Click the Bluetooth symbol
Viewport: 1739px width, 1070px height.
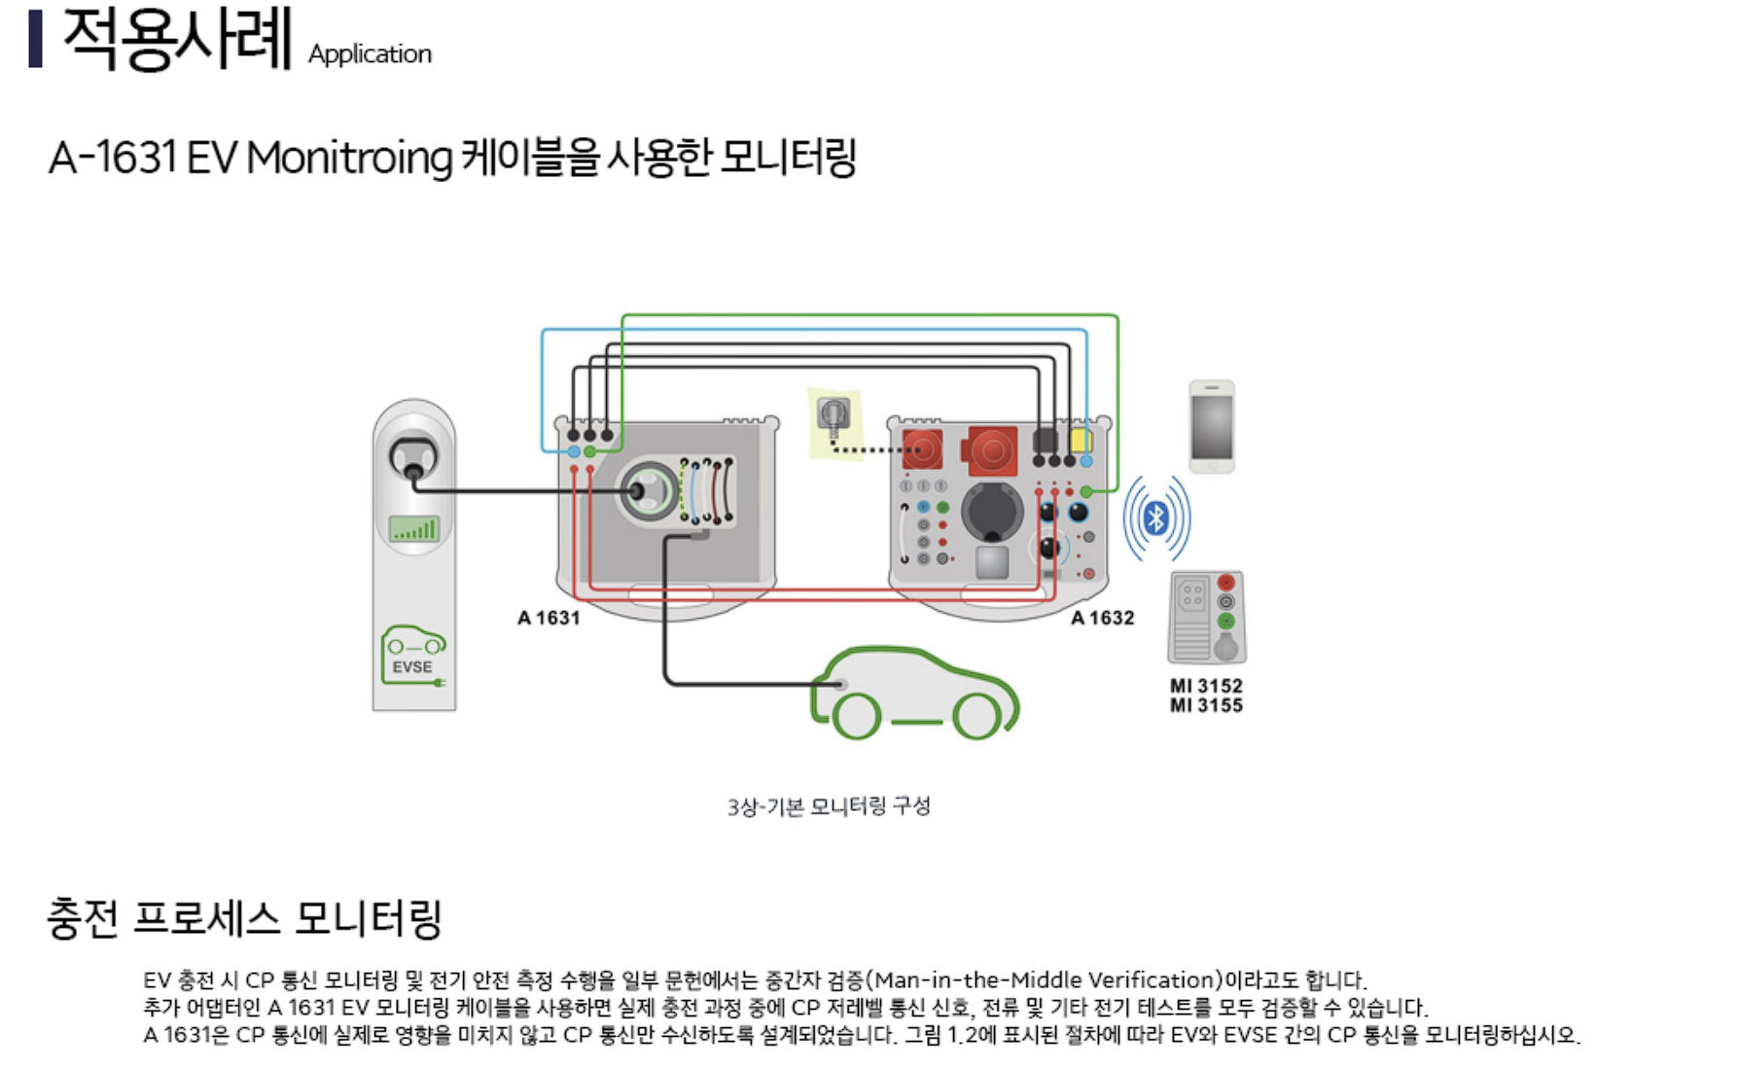pos(1156,518)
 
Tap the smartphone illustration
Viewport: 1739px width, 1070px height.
pos(1212,426)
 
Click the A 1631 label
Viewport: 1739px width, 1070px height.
pos(549,618)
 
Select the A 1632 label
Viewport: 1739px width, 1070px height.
pos(1103,618)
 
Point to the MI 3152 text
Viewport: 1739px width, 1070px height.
pos(1206,686)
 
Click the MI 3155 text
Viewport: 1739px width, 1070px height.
pos(1206,705)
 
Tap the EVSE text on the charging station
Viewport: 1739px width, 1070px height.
pos(412,667)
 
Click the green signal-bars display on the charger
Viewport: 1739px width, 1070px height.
pos(414,528)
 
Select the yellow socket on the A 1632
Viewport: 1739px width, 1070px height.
pos(1081,440)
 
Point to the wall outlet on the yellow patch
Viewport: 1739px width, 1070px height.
pos(834,415)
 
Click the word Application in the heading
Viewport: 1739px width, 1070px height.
pos(370,54)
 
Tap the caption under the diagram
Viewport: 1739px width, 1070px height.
pos(829,806)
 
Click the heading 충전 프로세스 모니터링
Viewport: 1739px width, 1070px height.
pos(244,918)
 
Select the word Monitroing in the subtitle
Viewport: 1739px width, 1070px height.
pos(349,158)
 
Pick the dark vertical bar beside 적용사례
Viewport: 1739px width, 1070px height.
pos(36,39)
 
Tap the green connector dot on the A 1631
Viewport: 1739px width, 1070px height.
pos(589,451)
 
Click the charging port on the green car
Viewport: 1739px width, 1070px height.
pos(840,685)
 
